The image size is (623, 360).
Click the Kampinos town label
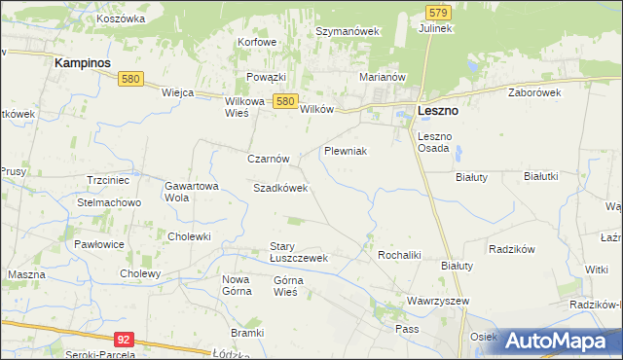[83, 61]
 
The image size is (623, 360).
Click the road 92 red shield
[123, 340]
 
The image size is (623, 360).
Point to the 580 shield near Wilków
[284, 100]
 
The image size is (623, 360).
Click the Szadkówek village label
[280, 188]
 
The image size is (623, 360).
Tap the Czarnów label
[269, 159]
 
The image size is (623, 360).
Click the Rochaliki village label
[398, 255]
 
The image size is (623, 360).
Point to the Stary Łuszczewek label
[299, 252]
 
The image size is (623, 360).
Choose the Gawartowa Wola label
[191, 191]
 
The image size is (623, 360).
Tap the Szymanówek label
[347, 31]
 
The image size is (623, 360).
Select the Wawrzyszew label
[437, 302]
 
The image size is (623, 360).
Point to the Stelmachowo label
[110, 202]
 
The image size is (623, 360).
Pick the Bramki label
[248, 333]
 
